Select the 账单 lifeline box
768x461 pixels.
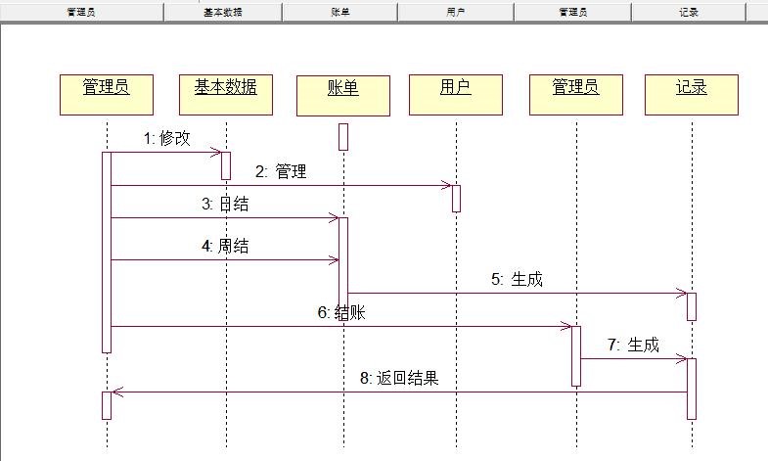[342, 94]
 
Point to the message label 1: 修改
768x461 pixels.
[167, 139]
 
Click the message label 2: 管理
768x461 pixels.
[281, 172]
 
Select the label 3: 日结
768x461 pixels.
[225, 205]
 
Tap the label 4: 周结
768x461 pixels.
[225, 247]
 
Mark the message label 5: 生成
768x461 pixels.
[517, 280]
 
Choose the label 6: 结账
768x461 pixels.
[341, 313]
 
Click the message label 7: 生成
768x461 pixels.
[633, 346]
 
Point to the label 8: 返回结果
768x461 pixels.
[400, 379]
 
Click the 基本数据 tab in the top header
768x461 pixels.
[223, 13]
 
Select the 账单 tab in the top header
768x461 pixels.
[340, 13]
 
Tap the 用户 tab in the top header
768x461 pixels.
[456, 13]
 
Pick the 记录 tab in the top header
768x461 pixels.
[688, 13]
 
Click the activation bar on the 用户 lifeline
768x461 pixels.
[456, 197]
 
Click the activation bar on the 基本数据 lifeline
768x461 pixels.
[226, 165]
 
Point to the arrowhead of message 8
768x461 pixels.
[115, 392]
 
